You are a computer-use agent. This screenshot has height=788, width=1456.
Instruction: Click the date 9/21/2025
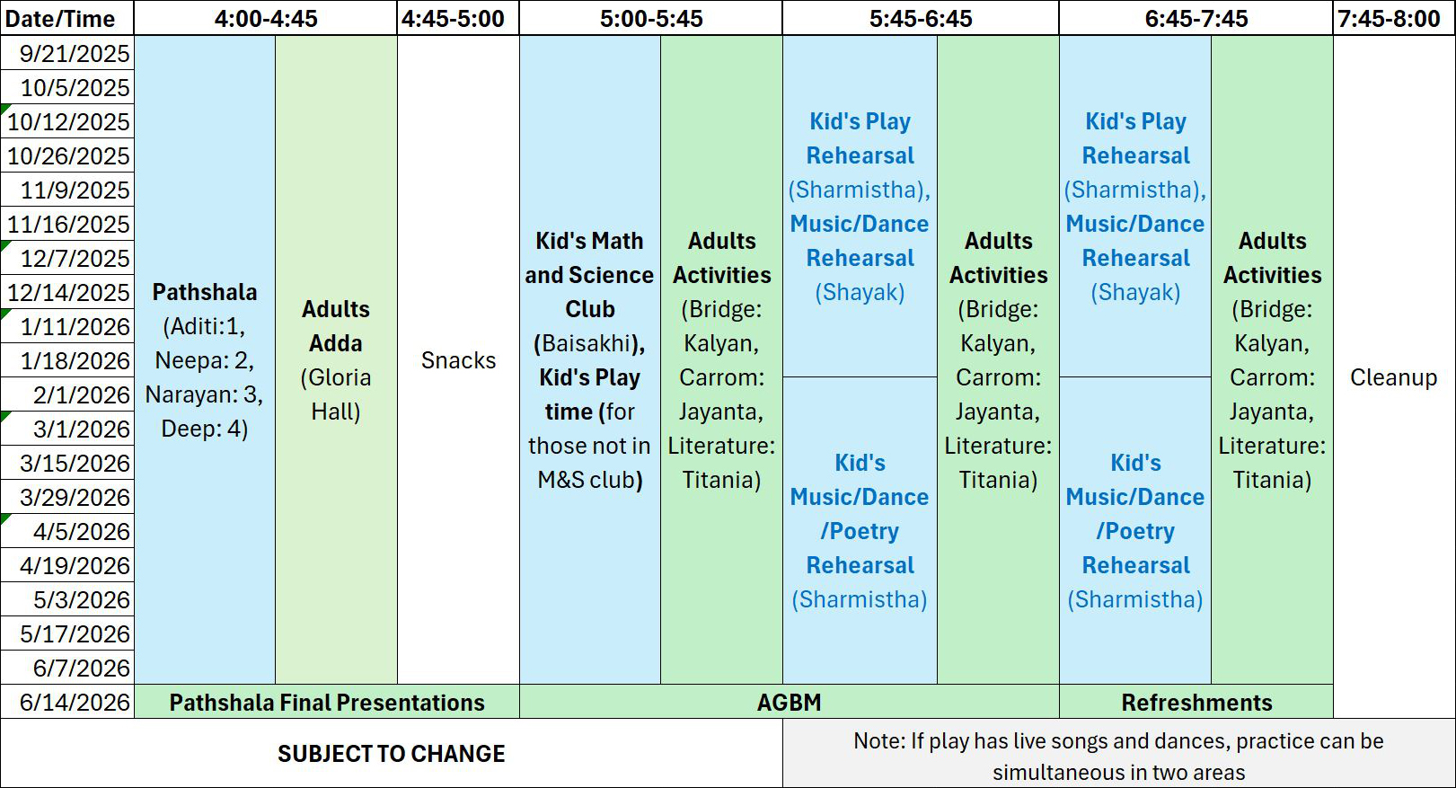coord(75,53)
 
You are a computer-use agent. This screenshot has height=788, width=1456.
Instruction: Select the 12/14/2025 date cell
coord(68,293)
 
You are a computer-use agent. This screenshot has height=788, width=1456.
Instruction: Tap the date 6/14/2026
coord(75,702)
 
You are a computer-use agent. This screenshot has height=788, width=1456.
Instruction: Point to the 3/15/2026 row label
coord(75,463)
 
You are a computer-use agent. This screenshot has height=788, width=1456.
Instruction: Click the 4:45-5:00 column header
coord(453,18)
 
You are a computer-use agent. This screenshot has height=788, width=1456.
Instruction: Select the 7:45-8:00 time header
coord(1389,18)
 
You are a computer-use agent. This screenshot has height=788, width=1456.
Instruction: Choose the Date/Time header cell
coord(60,19)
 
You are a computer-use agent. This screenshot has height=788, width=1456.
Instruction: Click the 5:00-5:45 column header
coord(650,18)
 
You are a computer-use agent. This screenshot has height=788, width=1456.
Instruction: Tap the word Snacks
coord(458,360)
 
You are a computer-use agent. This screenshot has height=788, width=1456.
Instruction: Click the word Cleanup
coord(1394,377)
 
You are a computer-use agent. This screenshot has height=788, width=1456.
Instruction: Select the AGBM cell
coord(790,702)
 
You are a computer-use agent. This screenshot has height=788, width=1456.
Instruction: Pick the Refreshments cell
coord(1196,702)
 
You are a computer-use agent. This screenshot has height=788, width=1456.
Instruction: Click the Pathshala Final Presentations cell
coord(327,702)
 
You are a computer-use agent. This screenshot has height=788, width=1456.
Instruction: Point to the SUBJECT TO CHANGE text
coord(392,754)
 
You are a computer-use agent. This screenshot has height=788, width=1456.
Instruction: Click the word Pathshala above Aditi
coord(205,292)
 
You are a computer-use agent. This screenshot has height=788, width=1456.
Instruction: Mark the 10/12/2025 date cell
coord(68,121)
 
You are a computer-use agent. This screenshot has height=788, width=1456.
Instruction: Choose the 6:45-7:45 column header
coord(1196,18)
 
